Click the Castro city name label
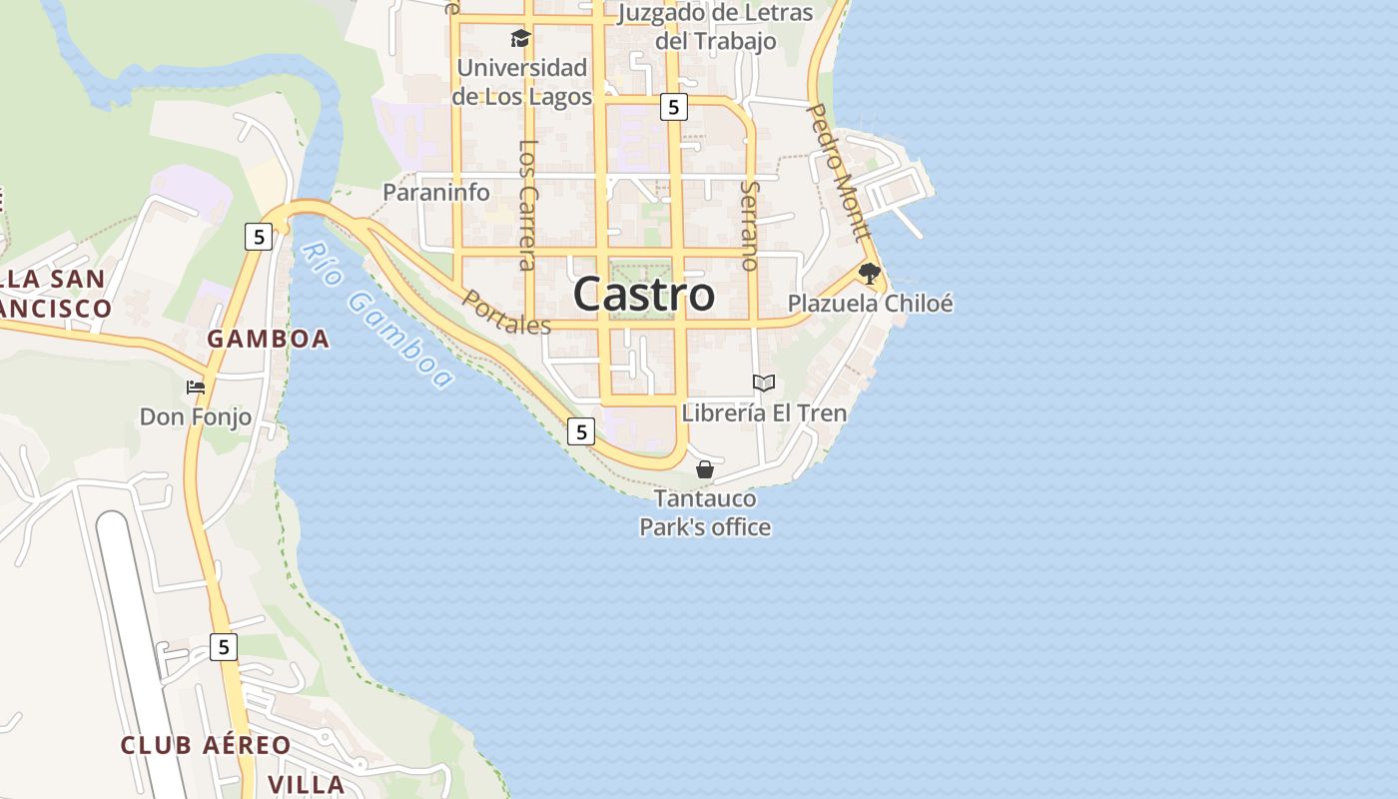click(x=644, y=295)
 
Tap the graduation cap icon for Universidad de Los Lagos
click(x=520, y=39)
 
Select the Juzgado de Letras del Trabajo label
click(x=715, y=27)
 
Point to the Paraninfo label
click(x=436, y=193)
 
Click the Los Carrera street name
click(x=528, y=204)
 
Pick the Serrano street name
click(x=750, y=226)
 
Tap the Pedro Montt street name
click(x=839, y=172)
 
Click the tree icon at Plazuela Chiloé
click(x=870, y=273)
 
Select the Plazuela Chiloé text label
click(x=870, y=304)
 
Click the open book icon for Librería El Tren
click(x=764, y=383)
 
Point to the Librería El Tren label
click(x=764, y=412)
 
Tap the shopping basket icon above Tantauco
click(x=705, y=468)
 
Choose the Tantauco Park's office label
click(x=705, y=512)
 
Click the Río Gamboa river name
click(x=376, y=315)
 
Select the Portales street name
click(x=506, y=313)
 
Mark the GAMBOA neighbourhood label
click(x=268, y=339)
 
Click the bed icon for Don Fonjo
click(x=196, y=387)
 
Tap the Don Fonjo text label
click(x=196, y=416)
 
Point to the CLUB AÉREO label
click(x=206, y=745)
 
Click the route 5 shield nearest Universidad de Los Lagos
click(x=674, y=107)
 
